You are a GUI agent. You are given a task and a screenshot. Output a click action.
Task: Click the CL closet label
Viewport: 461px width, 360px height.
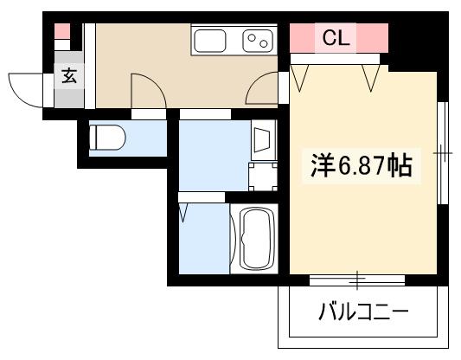(x=336, y=38)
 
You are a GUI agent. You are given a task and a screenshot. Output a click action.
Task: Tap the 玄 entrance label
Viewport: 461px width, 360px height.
(x=69, y=75)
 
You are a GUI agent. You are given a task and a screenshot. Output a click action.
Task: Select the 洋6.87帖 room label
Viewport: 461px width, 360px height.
(x=362, y=165)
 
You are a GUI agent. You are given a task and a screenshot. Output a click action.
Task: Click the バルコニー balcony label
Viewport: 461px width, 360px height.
(x=363, y=311)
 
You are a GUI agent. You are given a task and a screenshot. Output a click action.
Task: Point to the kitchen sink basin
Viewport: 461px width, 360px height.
(x=210, y=41)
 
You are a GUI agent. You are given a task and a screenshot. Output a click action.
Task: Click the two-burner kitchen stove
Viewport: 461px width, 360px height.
(x=258, y=41)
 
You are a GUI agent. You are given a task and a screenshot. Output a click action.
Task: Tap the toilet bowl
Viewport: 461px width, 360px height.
(x=107, y=138)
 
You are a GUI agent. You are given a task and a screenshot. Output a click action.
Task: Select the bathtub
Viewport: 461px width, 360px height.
(x=258, y=238)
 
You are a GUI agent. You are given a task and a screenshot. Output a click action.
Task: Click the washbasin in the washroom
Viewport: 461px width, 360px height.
(x=262, y=139)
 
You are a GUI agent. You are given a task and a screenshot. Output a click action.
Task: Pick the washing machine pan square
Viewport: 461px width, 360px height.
(x=263, y=177)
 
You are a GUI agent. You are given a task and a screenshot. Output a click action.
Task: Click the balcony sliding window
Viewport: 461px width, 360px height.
(x=357, y=280)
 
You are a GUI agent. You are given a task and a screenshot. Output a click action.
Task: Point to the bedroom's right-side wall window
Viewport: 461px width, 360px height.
(x=443, y=153)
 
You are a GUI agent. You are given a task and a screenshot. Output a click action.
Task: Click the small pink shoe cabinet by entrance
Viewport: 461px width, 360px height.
(x=62, y=31)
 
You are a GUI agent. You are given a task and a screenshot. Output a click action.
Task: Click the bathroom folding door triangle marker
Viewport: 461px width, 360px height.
(x=183, y=212)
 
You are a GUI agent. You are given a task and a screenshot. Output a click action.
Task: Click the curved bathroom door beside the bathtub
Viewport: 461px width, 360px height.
(x=234, y=238)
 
